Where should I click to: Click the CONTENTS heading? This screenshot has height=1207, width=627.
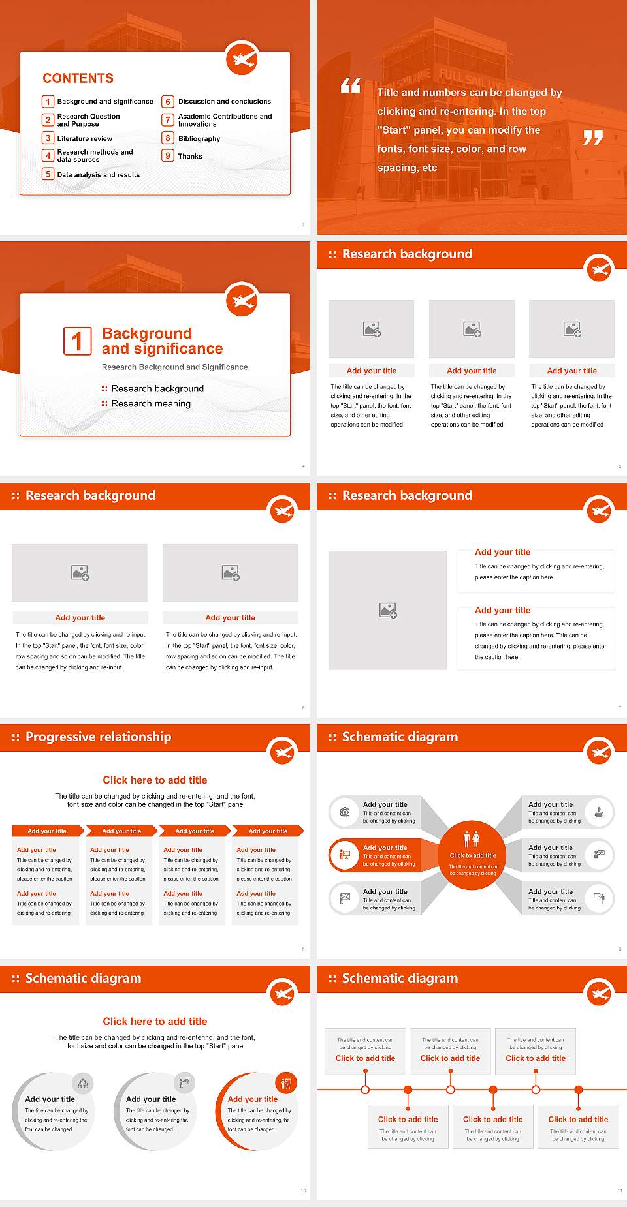pos(78,78)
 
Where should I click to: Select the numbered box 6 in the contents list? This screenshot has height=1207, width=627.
pos(168,102)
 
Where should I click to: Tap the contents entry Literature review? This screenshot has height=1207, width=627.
pos(84,138)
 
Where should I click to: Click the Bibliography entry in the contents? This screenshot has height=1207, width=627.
pos(199,138)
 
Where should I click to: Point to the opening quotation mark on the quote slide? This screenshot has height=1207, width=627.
pos(351,85)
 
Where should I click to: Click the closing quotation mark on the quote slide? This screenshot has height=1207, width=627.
pos(592,138)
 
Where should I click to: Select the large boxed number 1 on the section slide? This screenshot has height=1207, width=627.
pos(77,341)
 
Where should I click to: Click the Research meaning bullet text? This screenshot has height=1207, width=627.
pos(151,404)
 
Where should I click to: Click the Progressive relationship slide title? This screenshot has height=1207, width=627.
pos(98,737)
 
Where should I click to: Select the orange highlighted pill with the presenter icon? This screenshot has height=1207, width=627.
pos(375,855)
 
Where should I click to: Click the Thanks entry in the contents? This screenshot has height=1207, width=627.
pos(190,156)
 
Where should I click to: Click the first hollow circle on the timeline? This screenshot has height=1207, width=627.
pos(365,1090)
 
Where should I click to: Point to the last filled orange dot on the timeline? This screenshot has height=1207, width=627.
pos(578,1090)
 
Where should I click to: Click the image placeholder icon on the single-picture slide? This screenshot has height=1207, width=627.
pos(388,611)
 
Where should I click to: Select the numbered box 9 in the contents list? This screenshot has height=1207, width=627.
pos(168,156)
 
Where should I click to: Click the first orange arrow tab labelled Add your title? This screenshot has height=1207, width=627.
pos(47,831)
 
